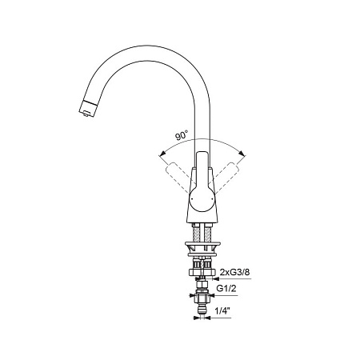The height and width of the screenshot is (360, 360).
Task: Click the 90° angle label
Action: click(182, 136)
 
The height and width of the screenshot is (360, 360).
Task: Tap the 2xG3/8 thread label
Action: click(235, 272)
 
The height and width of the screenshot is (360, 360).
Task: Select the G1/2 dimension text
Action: click(226, 289)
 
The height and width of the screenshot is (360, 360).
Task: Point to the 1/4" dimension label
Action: click(222, 310)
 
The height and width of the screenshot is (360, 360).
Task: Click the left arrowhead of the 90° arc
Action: click(162, 154)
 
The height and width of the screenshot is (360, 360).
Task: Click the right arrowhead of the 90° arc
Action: click(242, 154)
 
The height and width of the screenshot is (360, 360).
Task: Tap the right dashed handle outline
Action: click(226, 177)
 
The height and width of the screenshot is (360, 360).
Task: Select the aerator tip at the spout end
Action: click(87, 109)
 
